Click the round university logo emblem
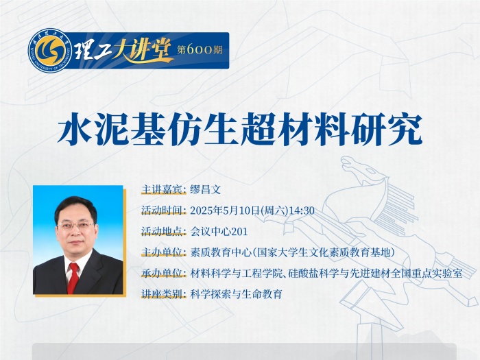click(x=50, y=51)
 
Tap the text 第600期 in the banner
click(x=200, y=50)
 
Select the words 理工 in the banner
click(x=92, y=51)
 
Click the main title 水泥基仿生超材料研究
click(x=240, y=129)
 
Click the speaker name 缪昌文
click(x=206, y=190)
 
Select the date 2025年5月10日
click(x=225, y=211)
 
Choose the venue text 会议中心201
click(x=219, y=232)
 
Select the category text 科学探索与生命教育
click(x=236, y=294)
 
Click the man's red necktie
click(x=73, y=277)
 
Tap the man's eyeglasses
click(x=75, y=227)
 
